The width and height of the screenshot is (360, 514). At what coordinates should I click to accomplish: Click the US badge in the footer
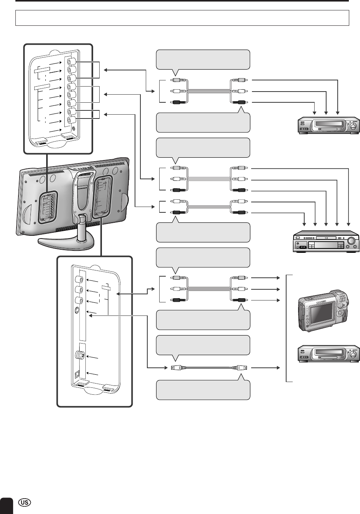coord(25,504)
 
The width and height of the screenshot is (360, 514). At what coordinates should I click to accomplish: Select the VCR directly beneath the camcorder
coord(329,354)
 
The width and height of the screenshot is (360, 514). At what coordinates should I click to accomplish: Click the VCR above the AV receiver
coord(329,125)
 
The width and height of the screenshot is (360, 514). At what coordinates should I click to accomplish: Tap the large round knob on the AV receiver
coord(351,242)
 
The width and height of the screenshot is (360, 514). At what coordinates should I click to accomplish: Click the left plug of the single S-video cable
coord(175,368)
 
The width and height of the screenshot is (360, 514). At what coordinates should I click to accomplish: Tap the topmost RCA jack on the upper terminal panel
coord(71,62)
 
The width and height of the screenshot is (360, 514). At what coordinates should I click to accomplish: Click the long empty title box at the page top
coord(182,18)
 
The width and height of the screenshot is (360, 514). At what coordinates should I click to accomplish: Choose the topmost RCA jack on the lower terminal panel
coord(80,280)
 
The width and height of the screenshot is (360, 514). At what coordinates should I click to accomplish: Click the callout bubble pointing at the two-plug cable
coord(203,232)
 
